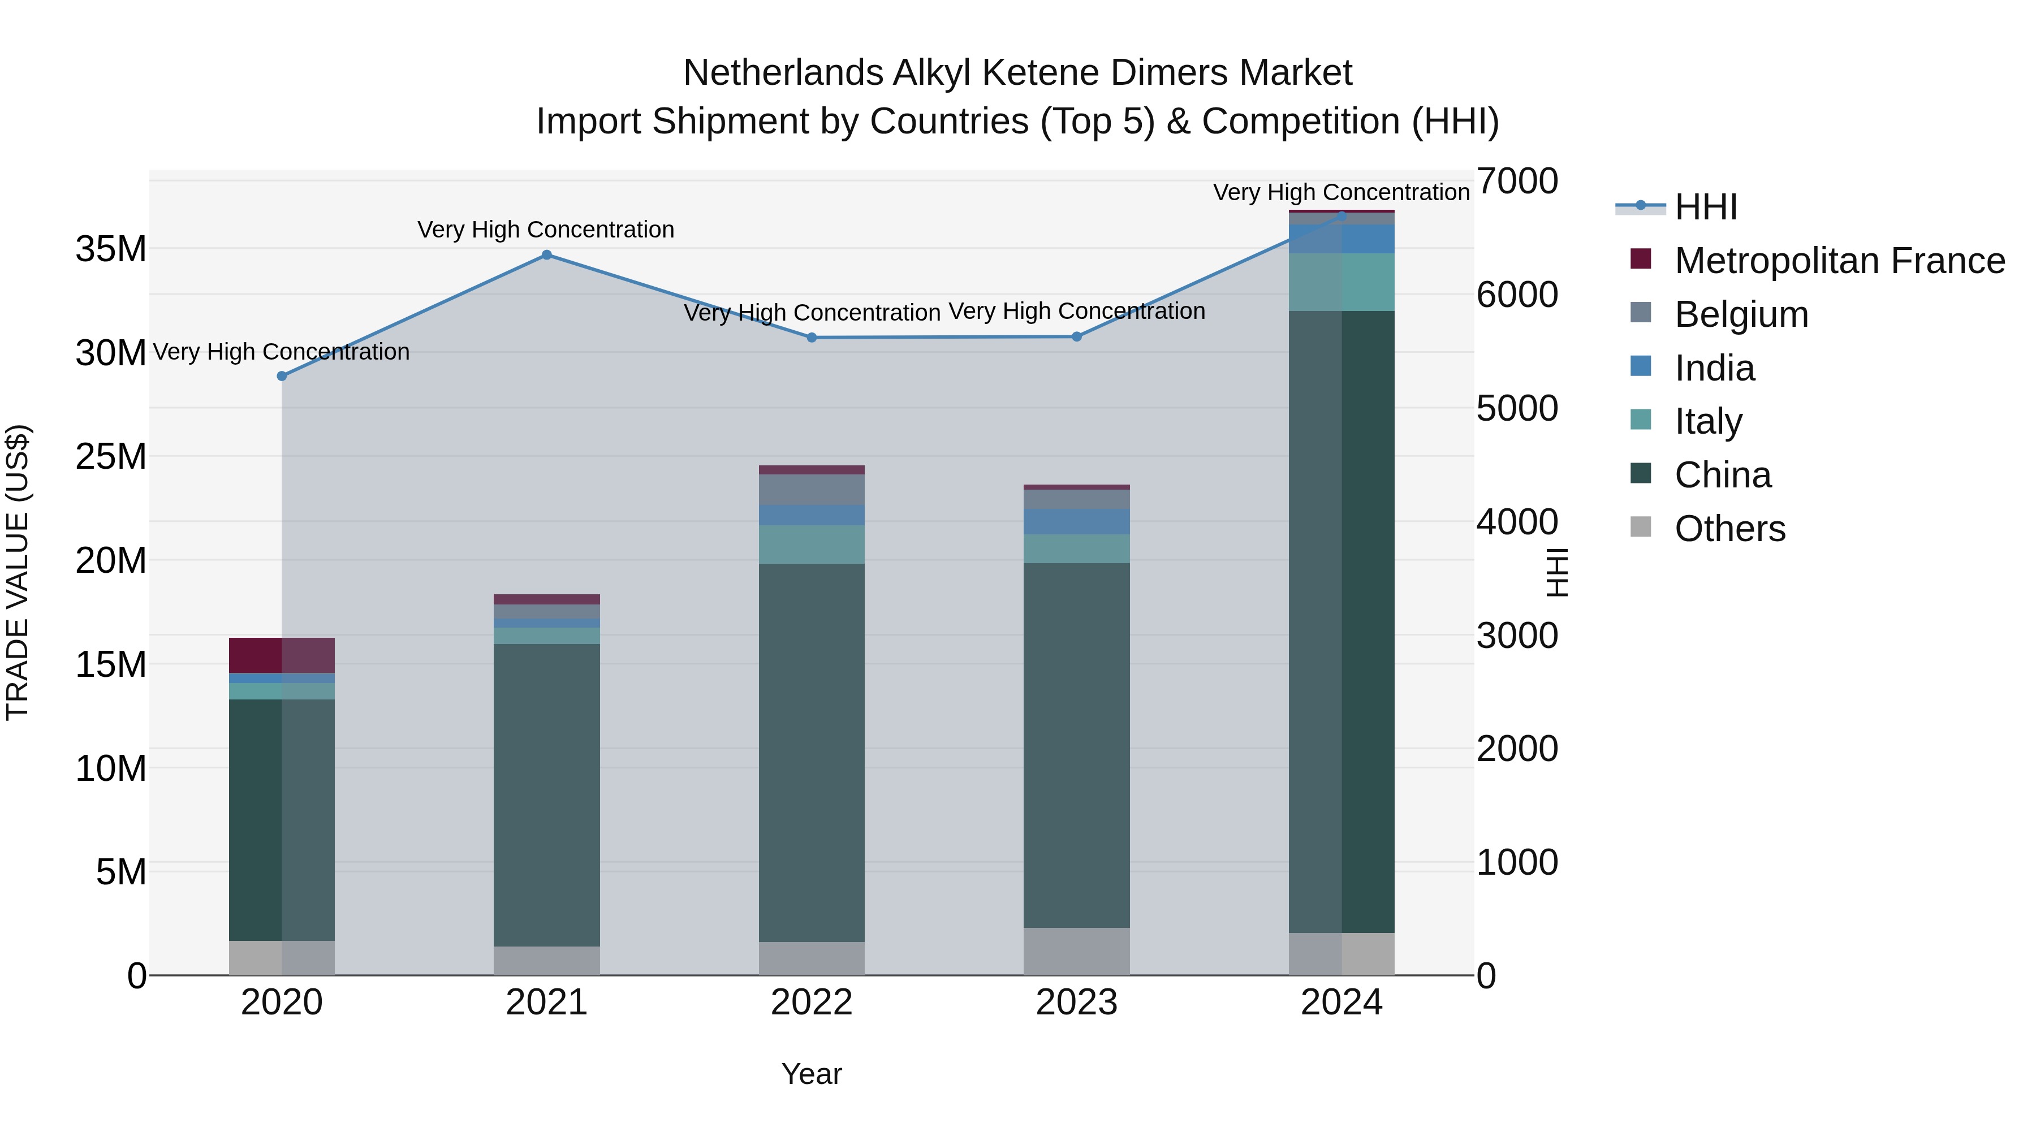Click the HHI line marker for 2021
546,255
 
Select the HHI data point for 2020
282,376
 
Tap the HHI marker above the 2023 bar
1076,336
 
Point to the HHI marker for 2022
812,338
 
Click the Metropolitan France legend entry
1839,261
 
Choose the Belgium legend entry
1741,314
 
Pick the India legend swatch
1641,366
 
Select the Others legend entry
1729,529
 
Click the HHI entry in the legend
1706,207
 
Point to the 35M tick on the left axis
111,250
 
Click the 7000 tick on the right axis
1517,181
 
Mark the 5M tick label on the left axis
121,872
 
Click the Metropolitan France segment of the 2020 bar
282,655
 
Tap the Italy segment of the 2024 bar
1341,282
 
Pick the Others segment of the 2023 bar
1076,952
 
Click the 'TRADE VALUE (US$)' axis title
18,572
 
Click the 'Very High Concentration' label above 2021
546,230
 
